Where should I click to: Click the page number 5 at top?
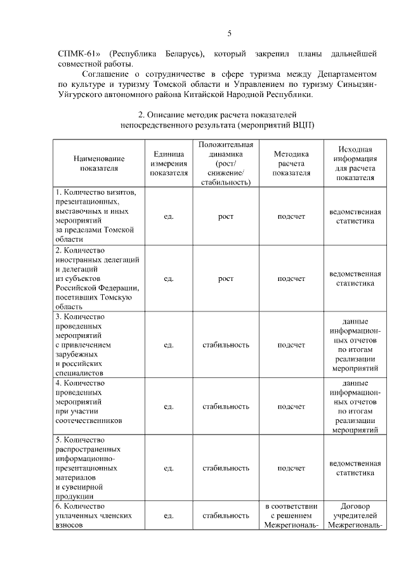coord(229,33)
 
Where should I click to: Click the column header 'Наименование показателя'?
coord(99,163)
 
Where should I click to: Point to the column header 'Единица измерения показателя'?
coord(169,163)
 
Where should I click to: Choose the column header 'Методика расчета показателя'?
coord(291,163)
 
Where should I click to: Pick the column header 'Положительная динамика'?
coord(226,163)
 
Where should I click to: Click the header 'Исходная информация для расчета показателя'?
coord(355,163)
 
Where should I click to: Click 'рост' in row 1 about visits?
coord(226,216)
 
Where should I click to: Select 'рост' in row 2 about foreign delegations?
coord(226,278)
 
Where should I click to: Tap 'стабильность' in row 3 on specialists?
coord(226,345)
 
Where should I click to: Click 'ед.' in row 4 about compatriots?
coord(169,407)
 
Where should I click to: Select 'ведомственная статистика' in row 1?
coord(355,216)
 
